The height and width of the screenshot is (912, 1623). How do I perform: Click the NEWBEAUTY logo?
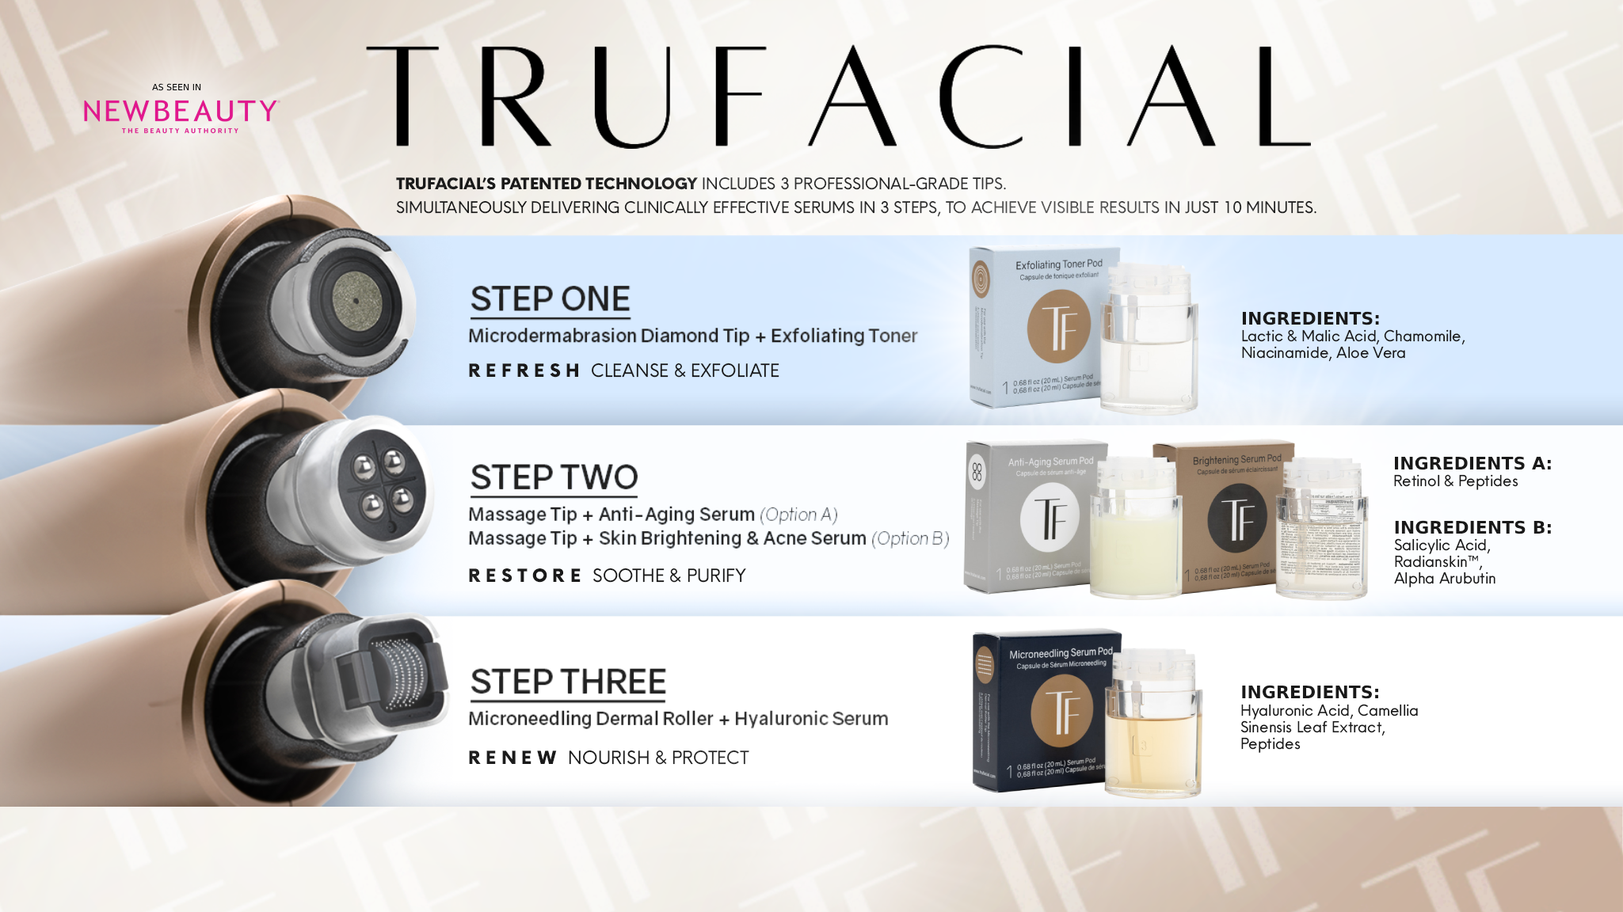pos(181,112)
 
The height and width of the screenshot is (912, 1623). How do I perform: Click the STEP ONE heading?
pos(550,299)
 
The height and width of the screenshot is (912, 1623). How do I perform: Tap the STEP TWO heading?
pos(554,477)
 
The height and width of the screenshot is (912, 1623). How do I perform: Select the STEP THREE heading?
pos(568,682)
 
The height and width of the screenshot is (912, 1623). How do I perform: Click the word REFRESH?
pos(524,370)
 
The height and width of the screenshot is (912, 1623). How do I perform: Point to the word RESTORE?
pos(524,576)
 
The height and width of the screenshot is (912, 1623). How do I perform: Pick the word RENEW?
pos(512,758)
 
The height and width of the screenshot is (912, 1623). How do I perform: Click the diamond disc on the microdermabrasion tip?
pos(356,301)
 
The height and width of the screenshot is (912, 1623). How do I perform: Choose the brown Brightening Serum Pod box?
pos(1220,519)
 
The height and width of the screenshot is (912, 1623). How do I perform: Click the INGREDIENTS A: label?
pos(1472,463)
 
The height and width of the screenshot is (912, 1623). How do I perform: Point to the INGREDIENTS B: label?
pos(1473,527)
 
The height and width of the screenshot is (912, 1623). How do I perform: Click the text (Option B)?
pos(910,538)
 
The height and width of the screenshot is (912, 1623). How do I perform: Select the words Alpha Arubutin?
pos(1444,579)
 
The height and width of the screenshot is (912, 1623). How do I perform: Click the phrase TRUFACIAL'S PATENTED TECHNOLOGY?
pos(546,184)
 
